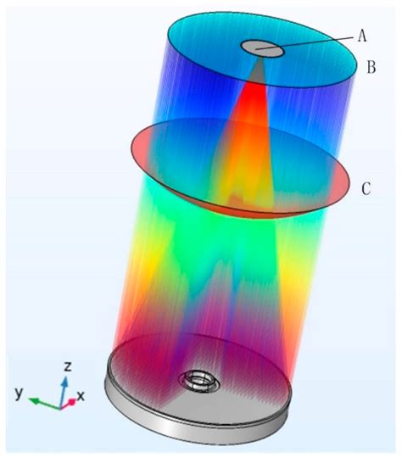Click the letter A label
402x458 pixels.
[362, 36]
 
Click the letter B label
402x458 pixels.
[371, 67]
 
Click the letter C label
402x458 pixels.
[366, 188]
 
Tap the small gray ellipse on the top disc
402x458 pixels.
[262, 49]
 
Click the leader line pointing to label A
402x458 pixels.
[304, 43]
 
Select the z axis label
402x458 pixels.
[68, 366]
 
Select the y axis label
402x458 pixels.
[19, 393]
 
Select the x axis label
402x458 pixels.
[81, 396]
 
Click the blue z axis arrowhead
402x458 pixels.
[65, 382]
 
